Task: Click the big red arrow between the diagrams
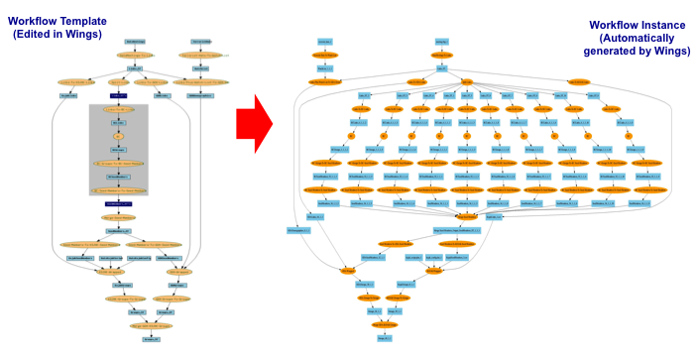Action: coord(256,124)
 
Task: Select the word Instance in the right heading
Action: coord(666,25)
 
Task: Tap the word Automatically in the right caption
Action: coord(634,38)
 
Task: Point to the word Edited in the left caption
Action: coord(41,34)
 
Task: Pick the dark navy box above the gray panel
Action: coord(118,95)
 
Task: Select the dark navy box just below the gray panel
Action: coord(118,203)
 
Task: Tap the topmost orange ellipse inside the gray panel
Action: coord(118,109)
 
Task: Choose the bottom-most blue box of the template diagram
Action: coord(150,339)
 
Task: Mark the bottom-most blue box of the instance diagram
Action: coord(384,338)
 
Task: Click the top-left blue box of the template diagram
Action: coord(136,42)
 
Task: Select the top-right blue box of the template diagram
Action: coord(201,42)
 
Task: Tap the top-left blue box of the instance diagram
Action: coord(324,42)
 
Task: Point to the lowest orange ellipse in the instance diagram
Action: coord(384,324)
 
